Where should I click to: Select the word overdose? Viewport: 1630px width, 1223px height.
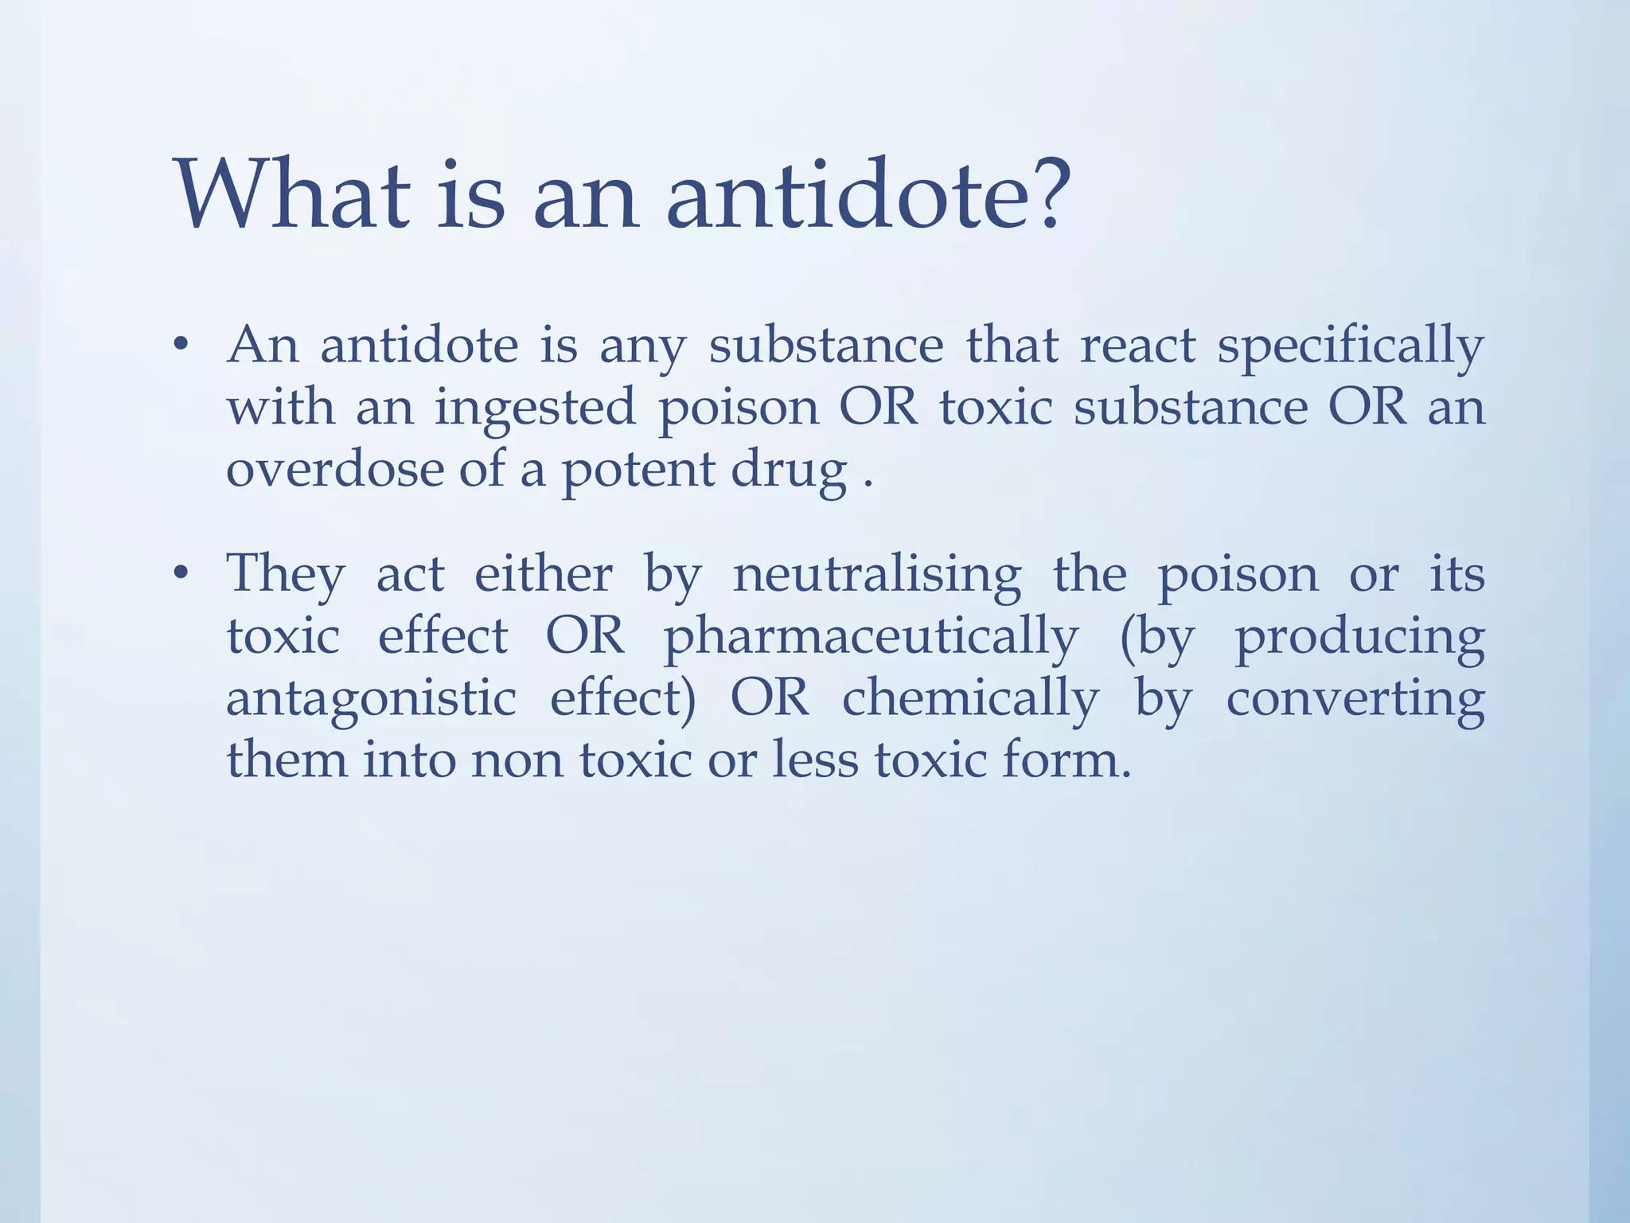pos(333,468)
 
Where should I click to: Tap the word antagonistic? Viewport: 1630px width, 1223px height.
pos(371,699)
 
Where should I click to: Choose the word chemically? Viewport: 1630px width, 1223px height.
pos(970,699)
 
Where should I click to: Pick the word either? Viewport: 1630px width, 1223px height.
pos(544,573)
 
